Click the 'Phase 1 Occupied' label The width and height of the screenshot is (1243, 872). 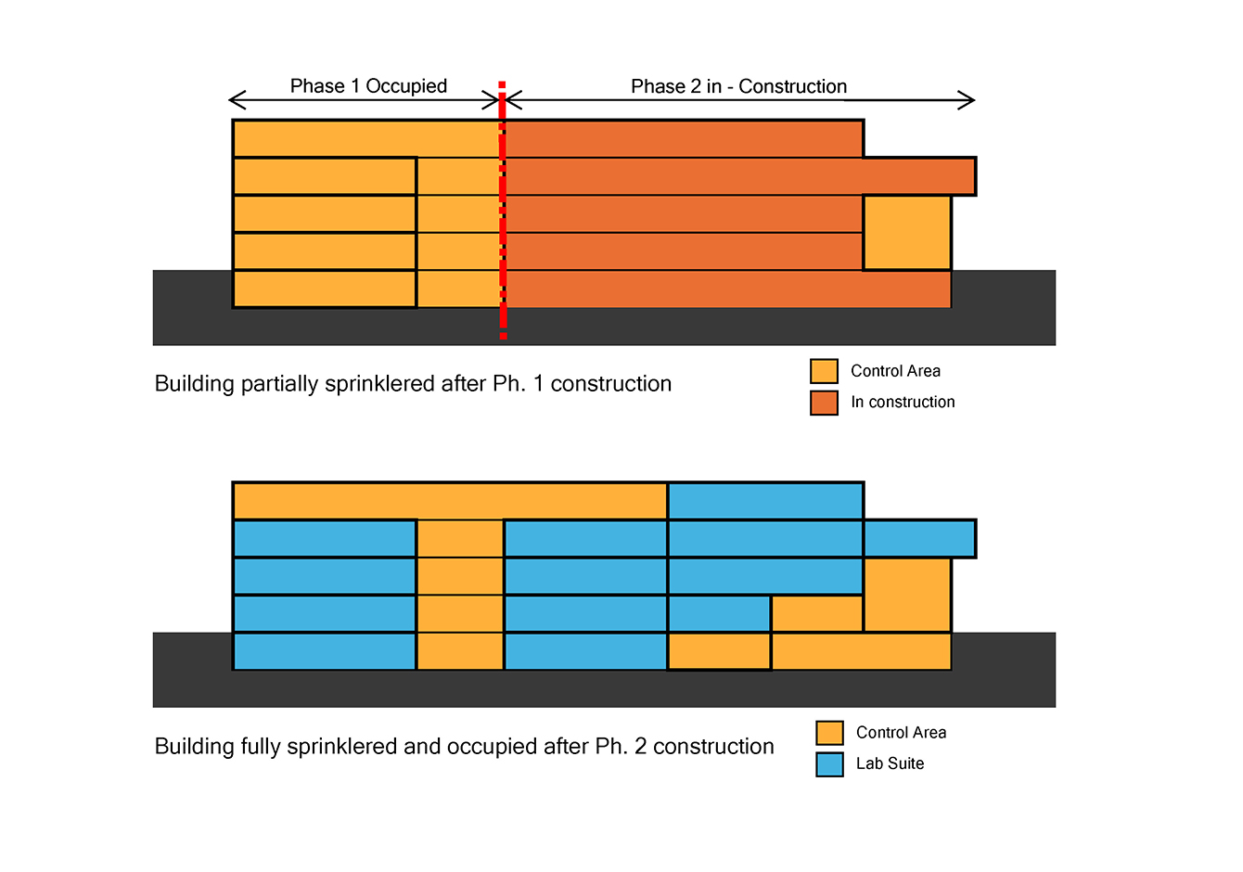[x=368, y=86]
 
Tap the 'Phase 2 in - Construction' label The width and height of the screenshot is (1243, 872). [x=738, y=86]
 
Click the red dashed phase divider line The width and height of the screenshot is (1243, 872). [x=502, y=210]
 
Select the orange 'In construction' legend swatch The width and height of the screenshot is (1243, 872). [x=824, y=403]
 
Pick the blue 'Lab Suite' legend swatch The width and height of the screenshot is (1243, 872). [x=829, y=764]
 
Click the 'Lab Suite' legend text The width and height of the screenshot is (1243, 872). [x=891, y=763]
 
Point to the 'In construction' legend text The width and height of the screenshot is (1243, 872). [x=903, y=402]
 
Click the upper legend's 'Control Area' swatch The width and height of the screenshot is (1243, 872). [x=824, y=371]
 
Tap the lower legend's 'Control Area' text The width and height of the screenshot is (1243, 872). [x=902, y=733]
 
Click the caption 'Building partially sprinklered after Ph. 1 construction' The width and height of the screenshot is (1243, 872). [x=413, y=384]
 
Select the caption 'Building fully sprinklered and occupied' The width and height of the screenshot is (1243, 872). [x=346, y=747]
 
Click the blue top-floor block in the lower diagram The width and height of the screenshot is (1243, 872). [x=766, y=501]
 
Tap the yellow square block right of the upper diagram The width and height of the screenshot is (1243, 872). [x=907, y=233]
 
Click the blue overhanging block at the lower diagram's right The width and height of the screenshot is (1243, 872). [x=920, y=538]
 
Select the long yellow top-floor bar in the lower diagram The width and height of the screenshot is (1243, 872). [x=450, y=501]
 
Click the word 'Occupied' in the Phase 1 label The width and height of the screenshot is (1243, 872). [x=406, y=86]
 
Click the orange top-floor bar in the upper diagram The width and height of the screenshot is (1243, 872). [x=684, y=139]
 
